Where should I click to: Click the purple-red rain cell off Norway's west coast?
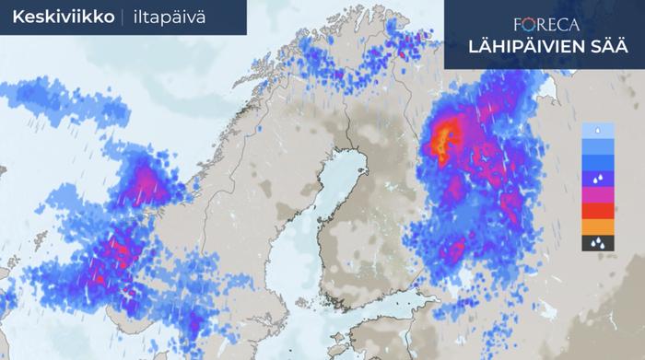147,184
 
